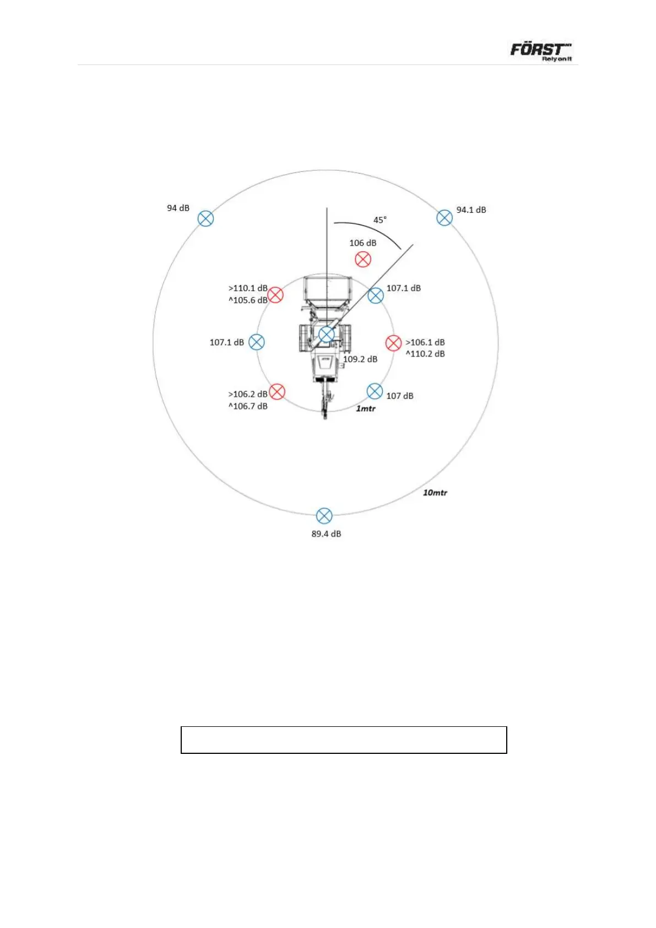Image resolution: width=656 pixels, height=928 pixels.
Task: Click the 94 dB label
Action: pyautogui.click(x=178, y=208)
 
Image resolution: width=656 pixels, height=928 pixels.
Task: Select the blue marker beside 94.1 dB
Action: pyautogui.click(x=444, y=218)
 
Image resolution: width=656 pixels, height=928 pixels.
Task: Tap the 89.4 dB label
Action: pyautogui.click(x=326, y=533)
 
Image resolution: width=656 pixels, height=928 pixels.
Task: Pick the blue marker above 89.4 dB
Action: pyautogui.click(x=324, y=516)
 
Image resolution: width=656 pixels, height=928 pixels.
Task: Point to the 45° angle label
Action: pyautogui.click(x=379, y=220)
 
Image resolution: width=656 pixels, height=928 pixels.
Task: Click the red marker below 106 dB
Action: pyautogui.click(x=363, y=260)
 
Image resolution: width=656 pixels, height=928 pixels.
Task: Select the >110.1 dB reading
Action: pyautogui.click(x=248, y=288)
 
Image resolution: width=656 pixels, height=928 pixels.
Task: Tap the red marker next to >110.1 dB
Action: pyautogui.click(x=275, y=295)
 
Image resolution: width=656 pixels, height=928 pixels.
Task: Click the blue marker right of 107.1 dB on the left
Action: pyautogui.click(x=256, y=342)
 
